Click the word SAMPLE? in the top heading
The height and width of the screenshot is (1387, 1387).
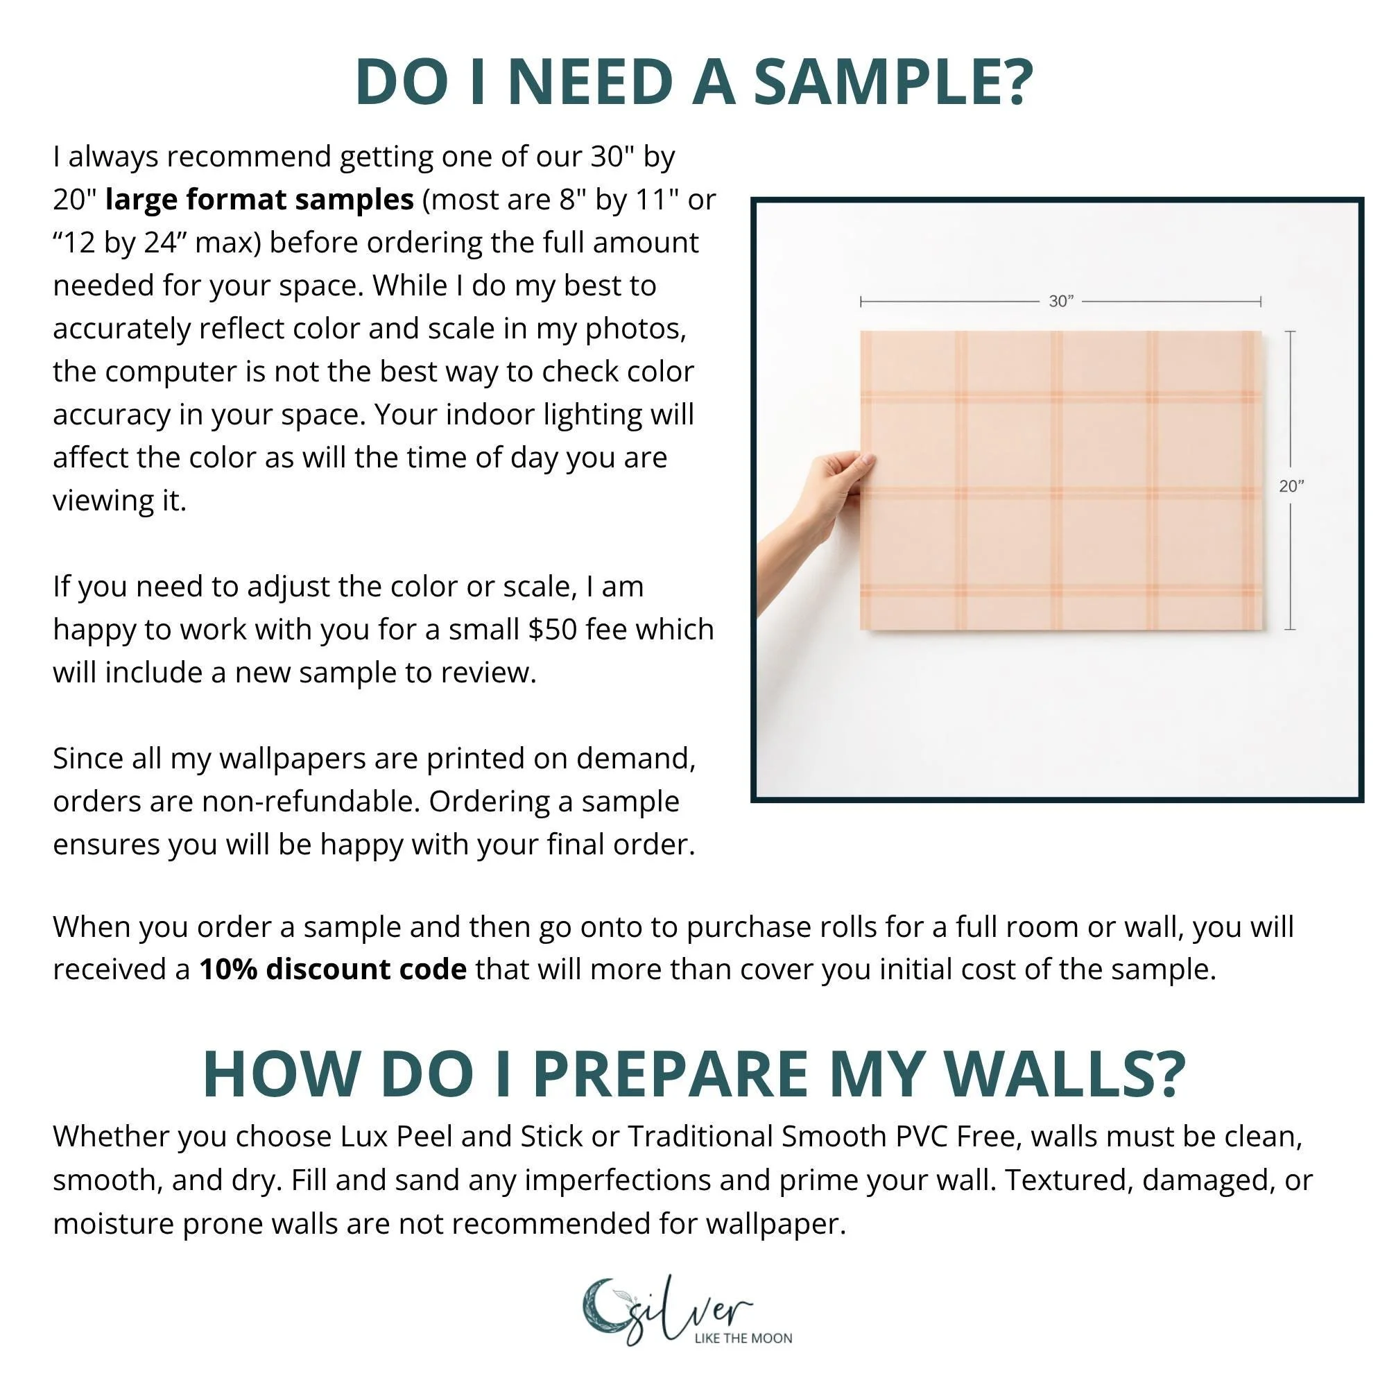pos(893,80)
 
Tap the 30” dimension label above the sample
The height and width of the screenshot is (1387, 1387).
pos(1061,302)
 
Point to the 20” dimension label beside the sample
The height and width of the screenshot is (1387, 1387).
pos(1291,486)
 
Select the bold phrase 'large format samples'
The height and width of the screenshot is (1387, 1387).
pos(259,199)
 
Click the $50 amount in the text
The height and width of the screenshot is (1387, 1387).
pos(553,629)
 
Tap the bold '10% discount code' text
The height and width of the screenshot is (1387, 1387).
pos(333,970)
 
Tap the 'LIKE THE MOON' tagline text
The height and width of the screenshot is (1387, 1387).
pos(743,1338)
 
